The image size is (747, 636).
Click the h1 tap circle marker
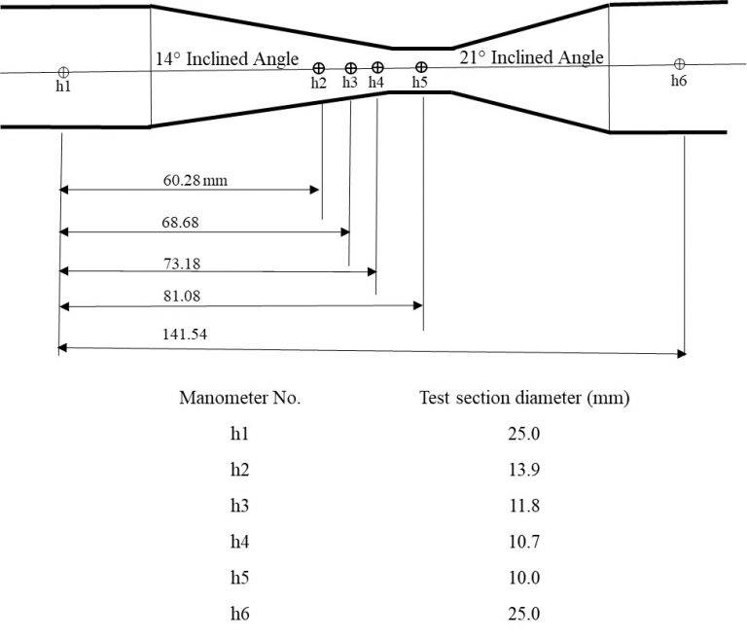[x=63, y=72]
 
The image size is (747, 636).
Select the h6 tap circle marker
[x=679, y=64]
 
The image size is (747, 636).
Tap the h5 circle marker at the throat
[x=420, y=68]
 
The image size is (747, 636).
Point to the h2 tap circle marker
[x=318, y=68]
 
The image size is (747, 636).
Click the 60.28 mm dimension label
[x=201, y=179]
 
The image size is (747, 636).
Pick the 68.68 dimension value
[x=185, y=223]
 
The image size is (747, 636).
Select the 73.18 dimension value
[x=185, y=263]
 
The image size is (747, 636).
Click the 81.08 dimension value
[x=184, y=296]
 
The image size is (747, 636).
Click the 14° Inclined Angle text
[x=227, y=59]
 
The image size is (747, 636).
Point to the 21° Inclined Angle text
[x=531, y=57]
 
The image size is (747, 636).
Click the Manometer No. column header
[x=239, y=398]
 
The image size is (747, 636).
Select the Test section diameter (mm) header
[x=524, y=398]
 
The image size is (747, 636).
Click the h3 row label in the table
[x=239, y=506]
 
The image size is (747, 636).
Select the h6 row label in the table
[x=239, y=614]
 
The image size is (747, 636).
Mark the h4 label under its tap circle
[x=376, y=83]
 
